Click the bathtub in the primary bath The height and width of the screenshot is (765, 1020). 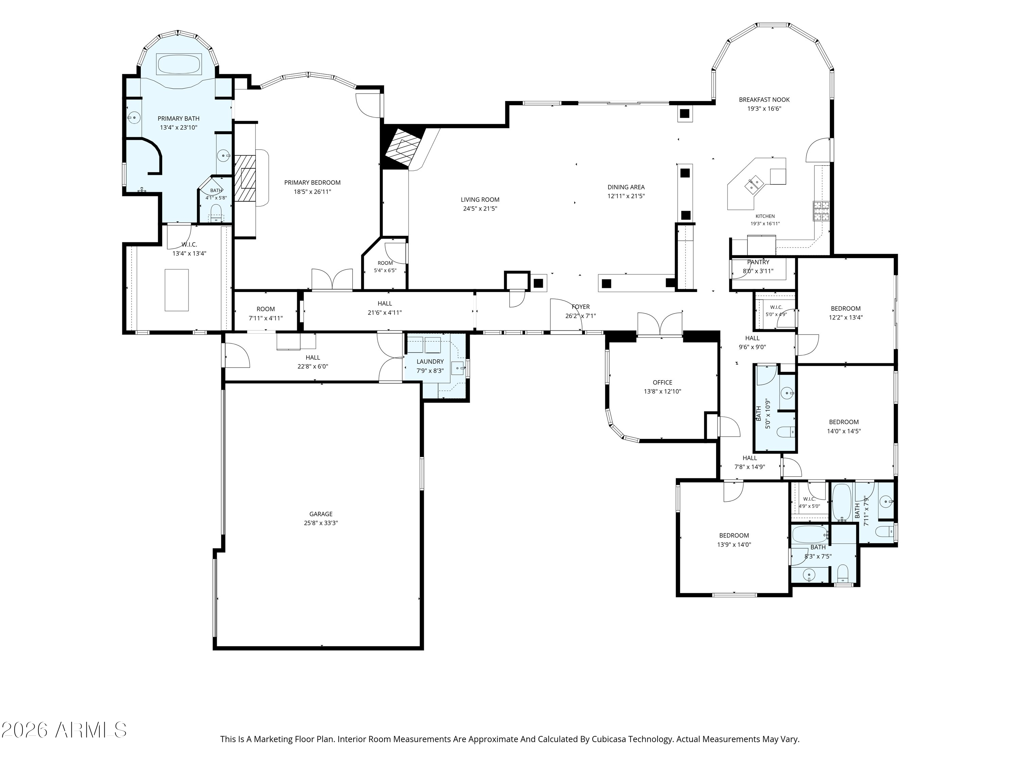click(x=179, y=64)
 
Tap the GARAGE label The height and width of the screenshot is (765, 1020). click(x=321, y=514)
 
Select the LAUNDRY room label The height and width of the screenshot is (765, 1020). click(x=430, y=361)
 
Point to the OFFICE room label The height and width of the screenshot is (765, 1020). click(x=663, y=382)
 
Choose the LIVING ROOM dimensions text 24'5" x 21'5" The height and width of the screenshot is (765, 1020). click(x=480, y=208)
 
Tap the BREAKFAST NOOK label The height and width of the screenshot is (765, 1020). click(x=764, y=100)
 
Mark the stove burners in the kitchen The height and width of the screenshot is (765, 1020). click(x=821, y=211)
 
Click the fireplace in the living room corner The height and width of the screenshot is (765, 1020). click(x=401, y=148)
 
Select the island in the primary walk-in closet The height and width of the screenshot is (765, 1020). click(x=176, y=290)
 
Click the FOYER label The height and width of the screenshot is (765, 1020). click(x=581, y=307)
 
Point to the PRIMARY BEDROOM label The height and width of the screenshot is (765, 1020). click(x=312, y=183)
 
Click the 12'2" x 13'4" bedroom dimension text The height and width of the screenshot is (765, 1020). click(x=846, y=317)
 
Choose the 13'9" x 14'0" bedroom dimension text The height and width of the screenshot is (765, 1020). click(x=734, y=544)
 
